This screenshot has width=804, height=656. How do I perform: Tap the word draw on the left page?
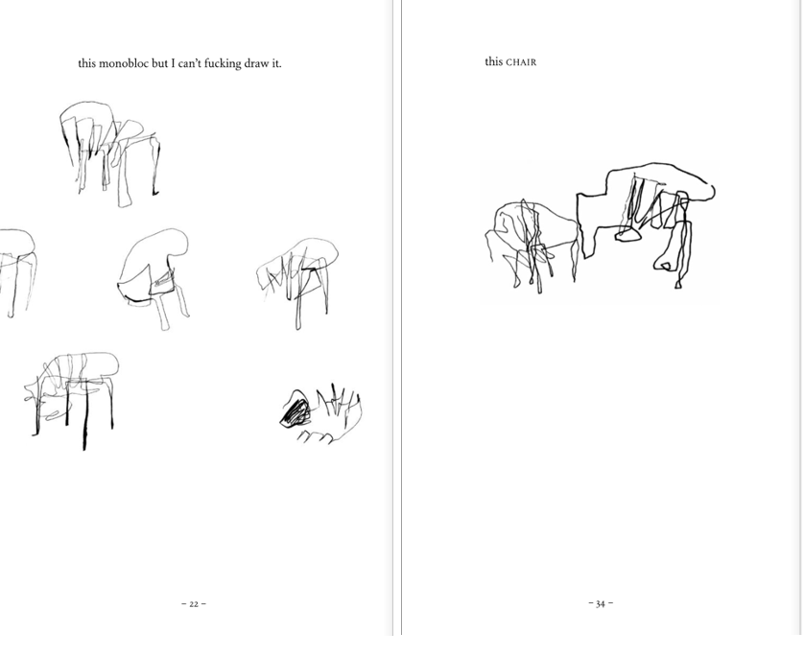point(256,63)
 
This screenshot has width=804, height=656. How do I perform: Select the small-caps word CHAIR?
point(521,62)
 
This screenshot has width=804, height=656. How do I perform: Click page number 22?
point(194,604)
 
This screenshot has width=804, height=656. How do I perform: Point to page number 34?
point(601,603)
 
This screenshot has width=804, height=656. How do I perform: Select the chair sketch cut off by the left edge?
point(17,272)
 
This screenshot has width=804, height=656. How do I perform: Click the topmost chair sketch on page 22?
point(109,152)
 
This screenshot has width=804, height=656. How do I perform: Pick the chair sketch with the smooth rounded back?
point(154,279)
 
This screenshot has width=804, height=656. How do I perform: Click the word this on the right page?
point(494,61)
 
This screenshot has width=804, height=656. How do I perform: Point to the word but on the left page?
point(159,63)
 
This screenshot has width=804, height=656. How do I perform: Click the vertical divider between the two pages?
point(397,317)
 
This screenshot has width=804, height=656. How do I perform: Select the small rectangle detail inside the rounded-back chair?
point(163,281)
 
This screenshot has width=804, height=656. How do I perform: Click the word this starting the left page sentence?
point(86,63)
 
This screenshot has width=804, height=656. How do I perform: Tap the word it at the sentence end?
point(276,63)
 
